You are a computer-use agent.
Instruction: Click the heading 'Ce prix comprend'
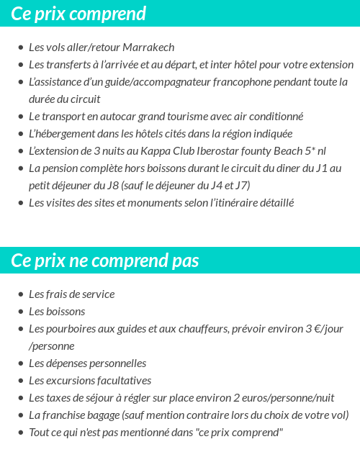78,14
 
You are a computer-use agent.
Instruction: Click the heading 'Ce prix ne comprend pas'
105,260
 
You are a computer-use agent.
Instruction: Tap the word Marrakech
149,48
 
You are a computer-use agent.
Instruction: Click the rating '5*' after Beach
310,151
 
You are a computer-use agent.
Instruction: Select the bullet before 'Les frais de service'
20,294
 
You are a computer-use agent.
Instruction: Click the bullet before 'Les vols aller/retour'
20,48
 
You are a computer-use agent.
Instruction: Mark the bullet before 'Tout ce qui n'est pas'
20,433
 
